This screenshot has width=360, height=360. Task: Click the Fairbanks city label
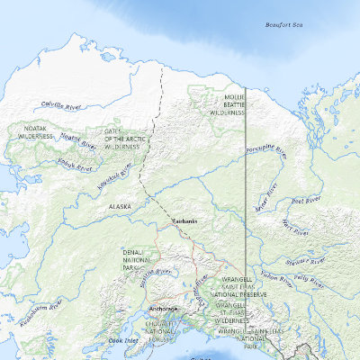(x=184, y=220)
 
